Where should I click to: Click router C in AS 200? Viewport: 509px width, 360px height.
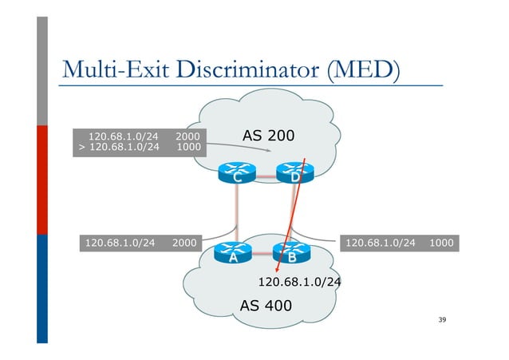point(236,174)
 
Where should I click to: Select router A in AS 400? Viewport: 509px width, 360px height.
point(233,254)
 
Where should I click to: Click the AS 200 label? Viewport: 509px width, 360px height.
point(268,137)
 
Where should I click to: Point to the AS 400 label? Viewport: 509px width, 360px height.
point(266,306)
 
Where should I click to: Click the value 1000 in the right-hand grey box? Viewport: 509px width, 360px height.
point(441,241)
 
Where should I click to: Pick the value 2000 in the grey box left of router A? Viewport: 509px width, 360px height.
point(184,241)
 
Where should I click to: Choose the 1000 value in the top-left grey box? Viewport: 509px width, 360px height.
point(187,147)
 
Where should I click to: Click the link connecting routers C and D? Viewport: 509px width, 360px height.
point(265,175)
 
